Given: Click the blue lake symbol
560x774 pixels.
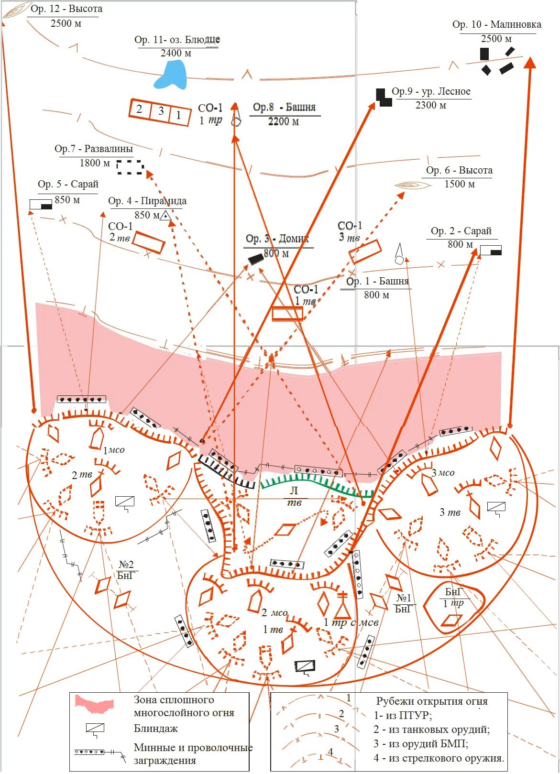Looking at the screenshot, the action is pyautogui.click(x=170, y=76).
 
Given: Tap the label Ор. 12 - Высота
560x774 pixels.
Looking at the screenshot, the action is pyautogui.click(x=66, y=9).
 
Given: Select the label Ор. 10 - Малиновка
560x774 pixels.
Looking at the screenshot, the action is pyautogui.click(x=496, y=24).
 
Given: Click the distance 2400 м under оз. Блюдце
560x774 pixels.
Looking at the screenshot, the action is pyautogui.click(x=176, y=53).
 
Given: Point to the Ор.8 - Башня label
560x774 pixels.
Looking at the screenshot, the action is pyautogui.click(x=284, y=107).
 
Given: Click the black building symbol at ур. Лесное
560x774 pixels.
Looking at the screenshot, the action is pyautogui.click(x=383, y=97).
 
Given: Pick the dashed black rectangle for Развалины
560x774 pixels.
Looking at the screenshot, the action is pyautogui.click(x=130, y=167).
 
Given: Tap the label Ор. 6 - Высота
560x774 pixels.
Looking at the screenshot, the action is pyautogui.click(x=459, y=170).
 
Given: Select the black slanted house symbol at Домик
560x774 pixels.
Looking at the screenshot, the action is pyautogui.click(x=256, y=259).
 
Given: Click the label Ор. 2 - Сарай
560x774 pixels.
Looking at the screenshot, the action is pyautogui.click(x=461, y=231).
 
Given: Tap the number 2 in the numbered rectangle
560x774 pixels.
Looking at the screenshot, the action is pyautogui.click(x=139, y=109).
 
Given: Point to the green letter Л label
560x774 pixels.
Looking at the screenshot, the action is pyautogui.click(x=294, y=491).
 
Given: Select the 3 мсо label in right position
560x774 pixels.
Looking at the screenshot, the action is pyautogui.click(x=443, y=473).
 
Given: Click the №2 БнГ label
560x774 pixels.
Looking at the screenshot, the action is pyautogui.click(x=126, y=570).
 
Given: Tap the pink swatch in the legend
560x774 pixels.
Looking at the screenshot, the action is pyautogui.click(x=95, y=703).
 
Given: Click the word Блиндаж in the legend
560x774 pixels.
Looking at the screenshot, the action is pyautogui.click(x=155, y=729).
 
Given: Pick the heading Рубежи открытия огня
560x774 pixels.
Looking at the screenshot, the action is pyautogui.click(x=431, y=701).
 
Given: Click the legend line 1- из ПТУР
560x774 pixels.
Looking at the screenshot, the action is pyautogui.click(x=403, y=716).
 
